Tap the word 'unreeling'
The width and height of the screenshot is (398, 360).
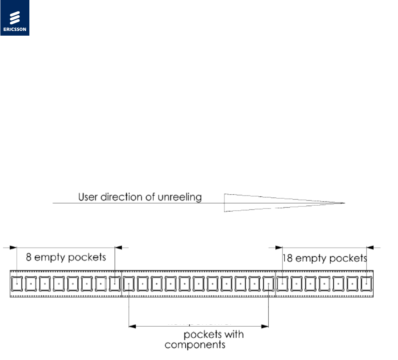[x=182, y=197]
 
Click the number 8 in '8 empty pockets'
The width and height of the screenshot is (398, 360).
[x=29, y=257]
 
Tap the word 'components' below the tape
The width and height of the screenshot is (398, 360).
[x=195, y=345]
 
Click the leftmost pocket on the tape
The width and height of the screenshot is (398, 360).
[x=17, y=283]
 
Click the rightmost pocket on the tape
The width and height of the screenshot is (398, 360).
[x=366, y=283]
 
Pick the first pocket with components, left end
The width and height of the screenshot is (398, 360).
[x=129, y=283]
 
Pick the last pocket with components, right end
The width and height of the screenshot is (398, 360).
[x=268, y=283]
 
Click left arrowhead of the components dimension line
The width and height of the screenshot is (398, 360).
[x=132, y=325]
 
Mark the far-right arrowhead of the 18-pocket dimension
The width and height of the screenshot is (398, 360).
[x=369, y=247]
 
